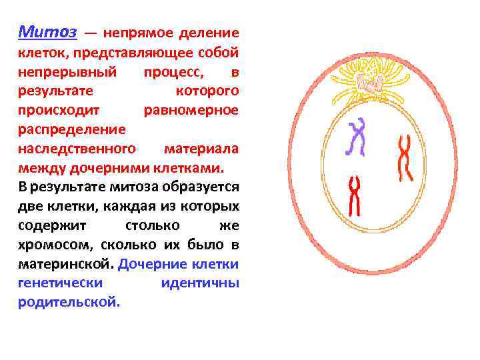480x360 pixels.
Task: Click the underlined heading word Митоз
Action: click(x=48, y=32)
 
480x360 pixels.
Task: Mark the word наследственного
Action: click(x=77, y=147)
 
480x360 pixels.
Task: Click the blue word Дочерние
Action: click(x=151, y=263)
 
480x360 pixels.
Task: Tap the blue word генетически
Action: click(x=60, y=282)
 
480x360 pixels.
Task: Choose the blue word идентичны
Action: click(x=199, y=282)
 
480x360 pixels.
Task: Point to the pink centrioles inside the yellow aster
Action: click(x=369, y=83)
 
